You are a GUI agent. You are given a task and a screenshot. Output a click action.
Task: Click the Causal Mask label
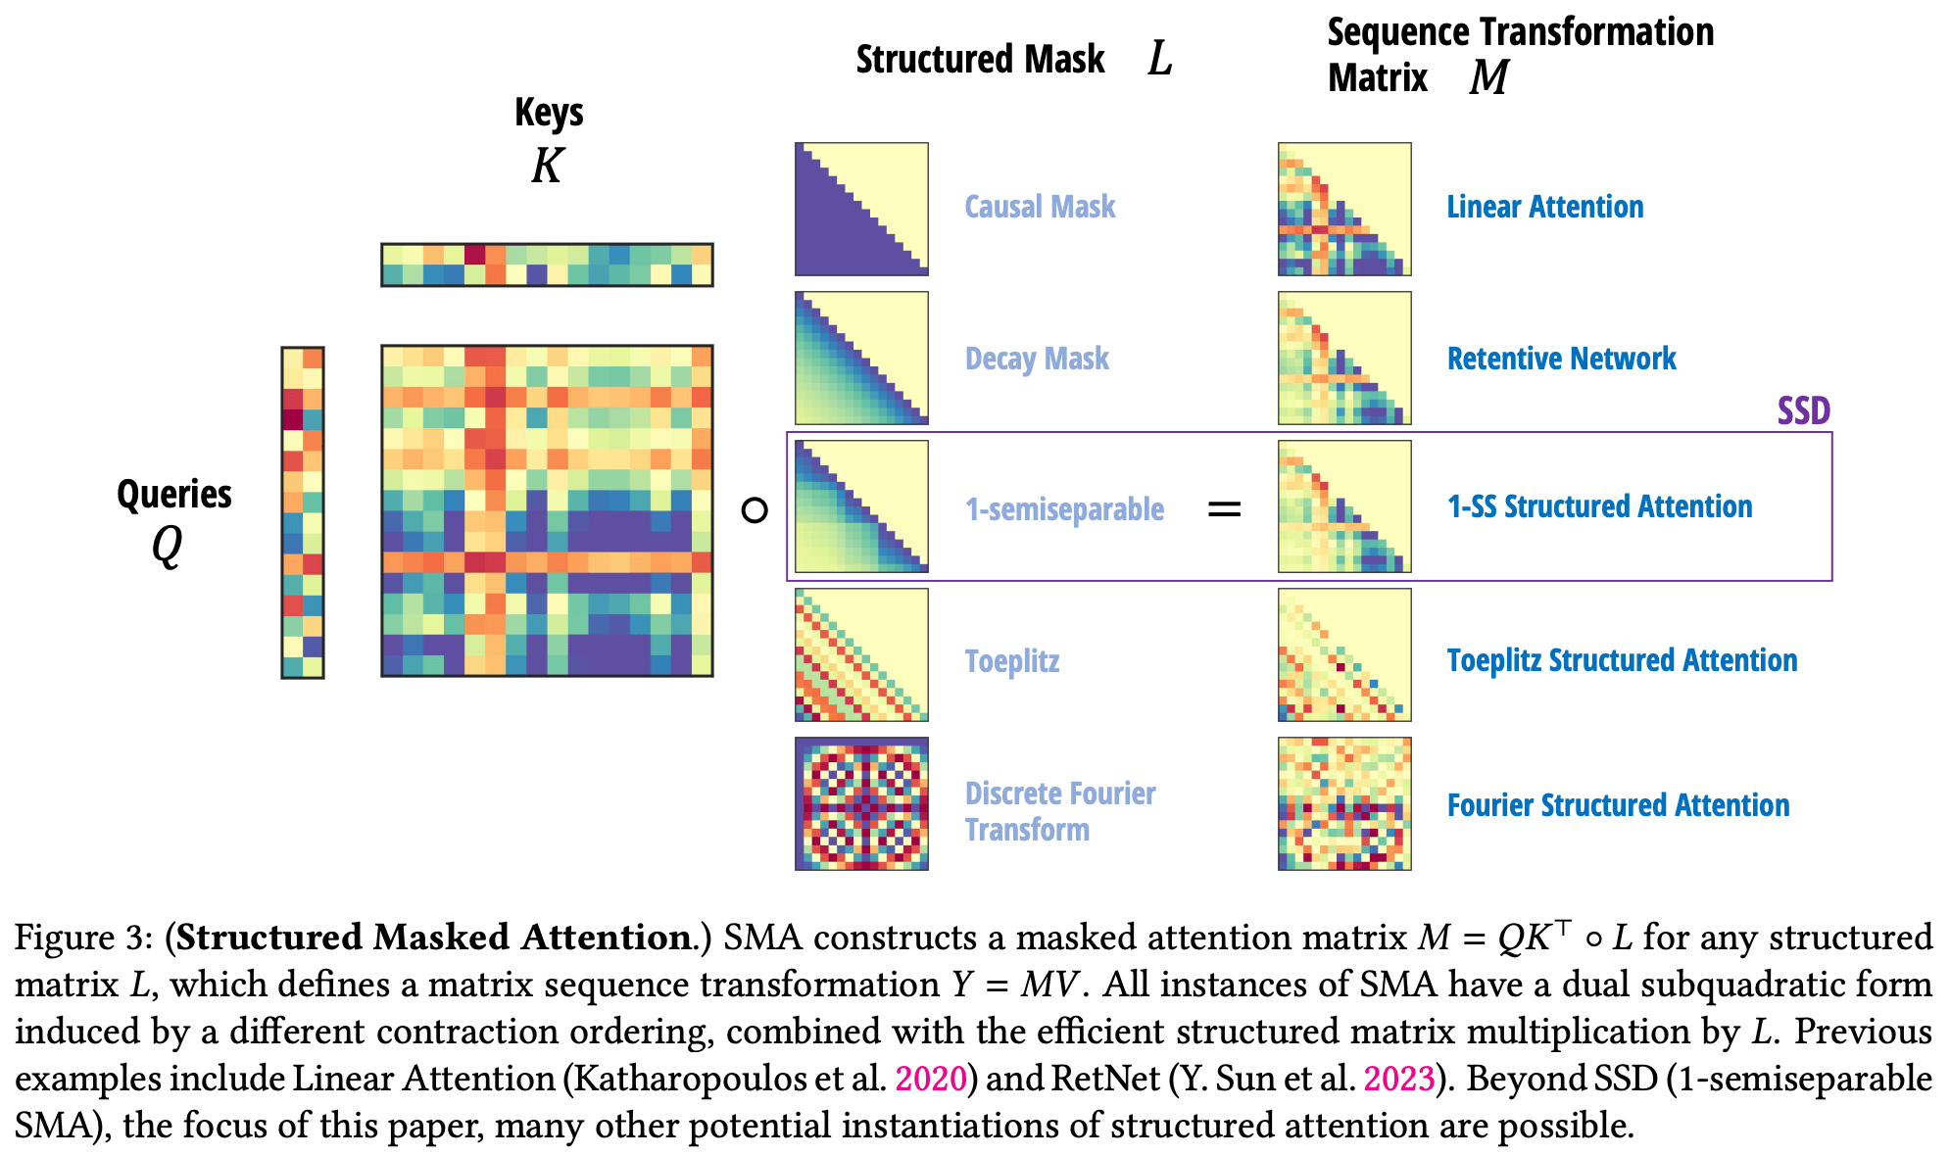[x=1040, y=207]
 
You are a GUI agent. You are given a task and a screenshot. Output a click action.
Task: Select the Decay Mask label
[x=1037, y=359]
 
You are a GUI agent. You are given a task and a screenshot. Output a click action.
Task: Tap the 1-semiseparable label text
[x=1064, y=509]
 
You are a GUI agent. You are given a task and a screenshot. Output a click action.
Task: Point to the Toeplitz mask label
[x=1011, y=661]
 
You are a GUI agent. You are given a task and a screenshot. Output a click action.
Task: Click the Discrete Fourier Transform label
[x=1059, y=811]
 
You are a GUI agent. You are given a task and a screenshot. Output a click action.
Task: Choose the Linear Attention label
[x=1544, y=207]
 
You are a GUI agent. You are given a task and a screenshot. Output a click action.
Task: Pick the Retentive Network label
[x=1561, y=359]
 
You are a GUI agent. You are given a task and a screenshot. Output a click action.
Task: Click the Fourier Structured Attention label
[x=1618, y=805]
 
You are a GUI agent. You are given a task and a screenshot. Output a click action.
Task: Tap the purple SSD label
[x=1804, y=410]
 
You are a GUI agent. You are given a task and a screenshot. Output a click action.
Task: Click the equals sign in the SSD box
[x=1224, y=509]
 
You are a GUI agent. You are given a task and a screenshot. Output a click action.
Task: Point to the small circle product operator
[x=755, y=510]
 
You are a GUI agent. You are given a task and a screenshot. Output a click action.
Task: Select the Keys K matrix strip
[x=547, y=265]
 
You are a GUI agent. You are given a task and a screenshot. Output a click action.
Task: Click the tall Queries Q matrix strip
[x=303, y=511]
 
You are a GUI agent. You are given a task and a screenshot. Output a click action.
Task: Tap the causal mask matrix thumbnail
[x=861, y=209]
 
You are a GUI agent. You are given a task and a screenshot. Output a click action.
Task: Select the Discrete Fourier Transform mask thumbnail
[x=861, y=803]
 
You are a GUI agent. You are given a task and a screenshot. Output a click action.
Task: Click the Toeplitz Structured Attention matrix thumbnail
[x=1344, y=654]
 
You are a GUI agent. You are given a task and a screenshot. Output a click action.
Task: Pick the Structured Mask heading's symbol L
[x=1160, y=59]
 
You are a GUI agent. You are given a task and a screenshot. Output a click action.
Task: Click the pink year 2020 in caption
[x=931, y=1079]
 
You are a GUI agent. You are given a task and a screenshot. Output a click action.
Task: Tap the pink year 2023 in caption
[x=1399, y=1079]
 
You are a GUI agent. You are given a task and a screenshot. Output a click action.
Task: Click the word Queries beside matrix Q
[x=174, y=494]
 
